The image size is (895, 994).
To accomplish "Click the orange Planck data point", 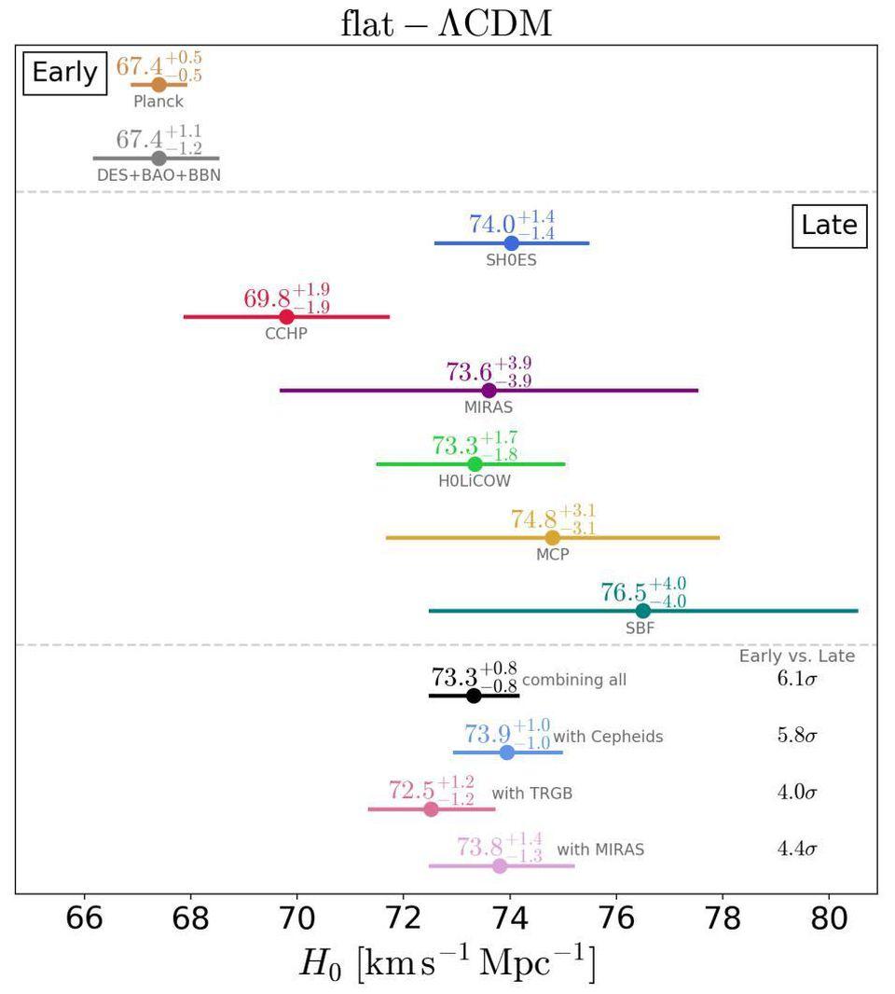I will [x=158, y=85].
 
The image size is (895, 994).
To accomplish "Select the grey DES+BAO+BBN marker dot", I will [x=158, y=158].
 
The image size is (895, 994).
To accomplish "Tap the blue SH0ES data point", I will [x=511, y=243].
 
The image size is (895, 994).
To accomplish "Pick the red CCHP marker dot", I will [x=286, y=317].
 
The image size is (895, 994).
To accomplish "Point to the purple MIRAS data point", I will [x=489, y=390].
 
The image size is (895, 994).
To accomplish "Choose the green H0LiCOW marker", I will [x=475, y=463].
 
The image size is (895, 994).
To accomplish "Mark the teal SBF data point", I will [x=642, y=611].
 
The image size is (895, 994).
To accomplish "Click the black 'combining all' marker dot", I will [x=474, y=695].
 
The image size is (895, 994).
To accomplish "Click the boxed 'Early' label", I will [x=64, y=73].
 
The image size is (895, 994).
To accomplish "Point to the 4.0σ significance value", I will [x=797, y=794].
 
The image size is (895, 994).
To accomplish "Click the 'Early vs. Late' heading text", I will [x=796, y=656].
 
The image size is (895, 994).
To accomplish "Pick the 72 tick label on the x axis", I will [x=403, y=918].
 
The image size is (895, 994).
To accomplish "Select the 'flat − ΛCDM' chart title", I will [x=447, y=22].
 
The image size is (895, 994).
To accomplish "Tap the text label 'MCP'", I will [x=552, y=554].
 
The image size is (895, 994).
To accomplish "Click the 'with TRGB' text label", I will [x=531, y=794].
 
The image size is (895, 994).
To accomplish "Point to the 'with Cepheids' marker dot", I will [x=507, y=752].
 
